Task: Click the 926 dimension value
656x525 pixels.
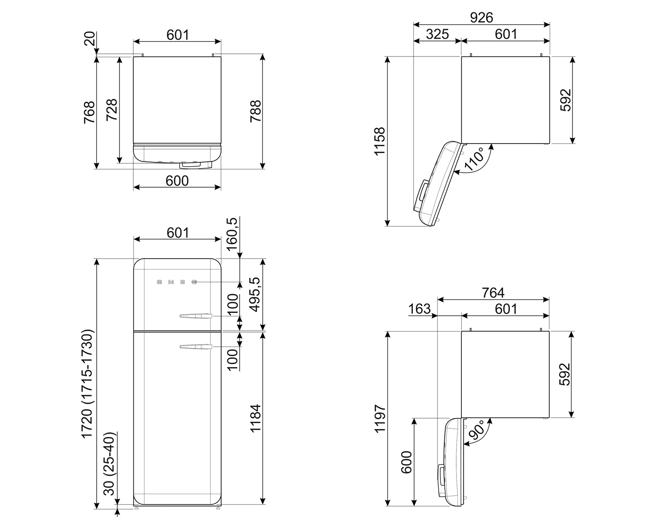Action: point(482,17)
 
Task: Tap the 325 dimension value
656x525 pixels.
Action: point(437,34)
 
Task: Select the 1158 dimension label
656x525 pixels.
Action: point(380,142)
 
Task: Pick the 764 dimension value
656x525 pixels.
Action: point(493,293)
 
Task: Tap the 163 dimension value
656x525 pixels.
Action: point(419,309)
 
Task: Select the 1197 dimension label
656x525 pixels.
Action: point(380,419)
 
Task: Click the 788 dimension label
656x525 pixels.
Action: point(256,112)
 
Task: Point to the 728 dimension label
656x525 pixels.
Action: point(112,110)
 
